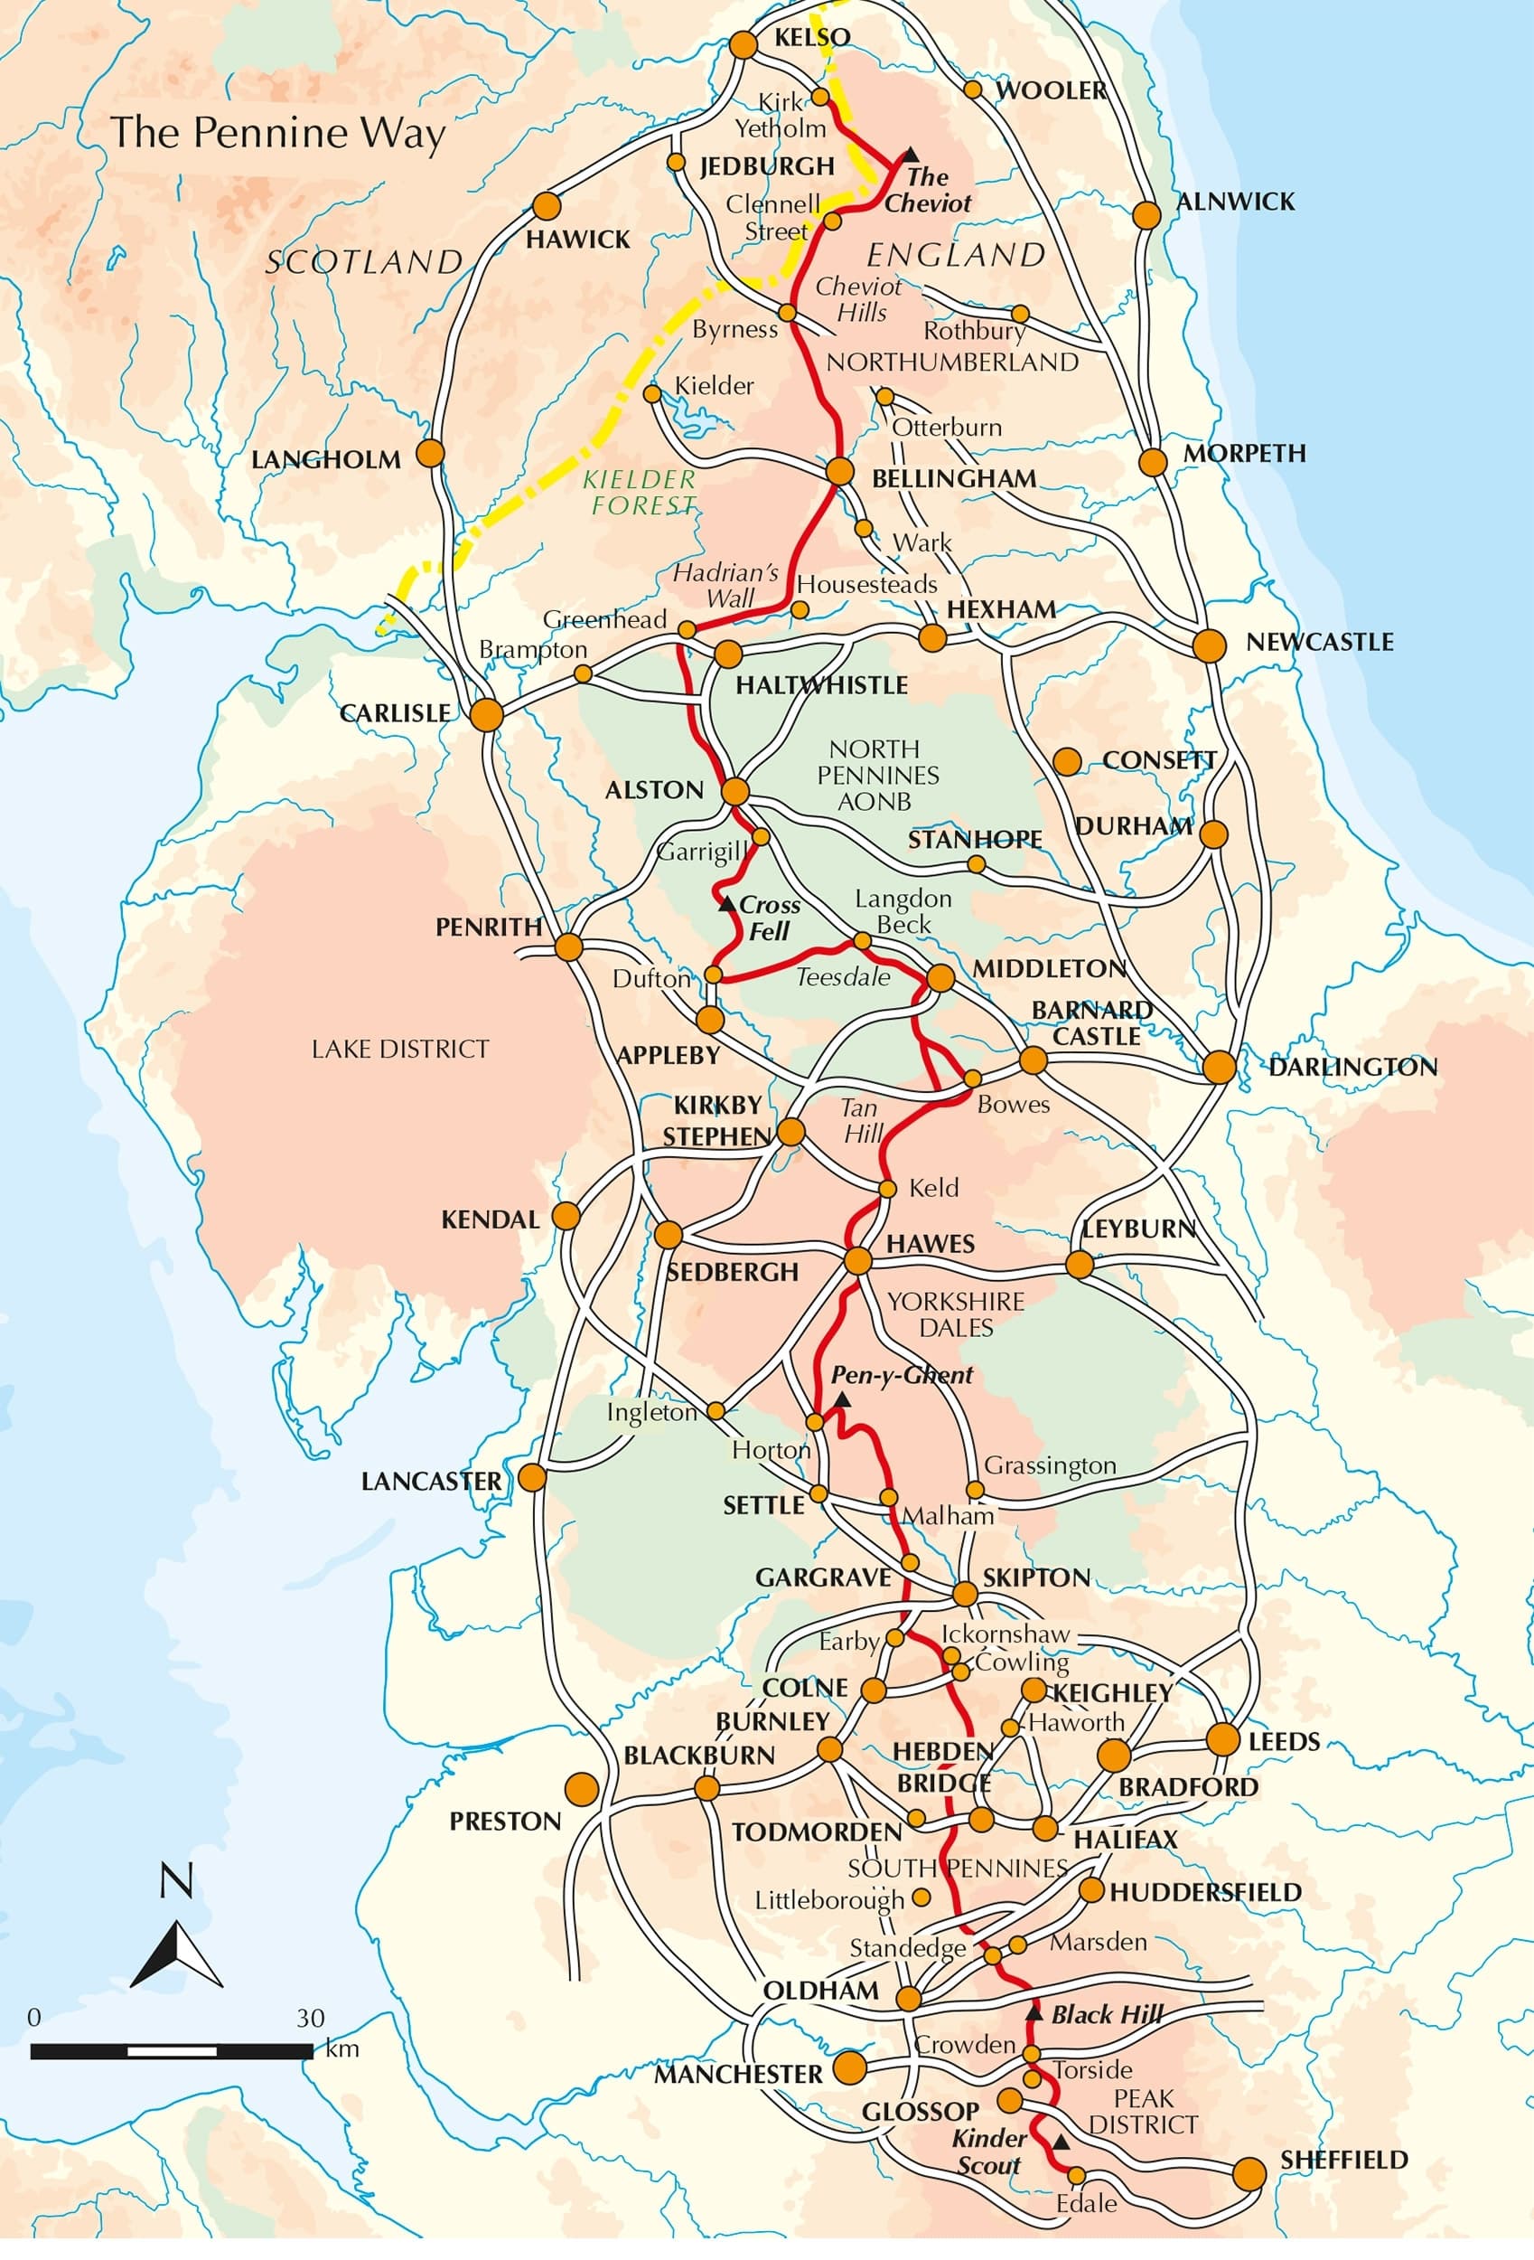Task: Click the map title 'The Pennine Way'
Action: (278, 133)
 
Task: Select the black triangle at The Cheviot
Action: (910, 155)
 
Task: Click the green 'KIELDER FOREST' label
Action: (640, 492)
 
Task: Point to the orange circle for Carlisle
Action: (486, 715)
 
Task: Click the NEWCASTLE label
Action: (1319, 642)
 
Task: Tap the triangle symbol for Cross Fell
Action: (725, 904)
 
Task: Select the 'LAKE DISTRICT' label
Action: (399, 1050)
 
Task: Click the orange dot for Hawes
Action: (856, 1261)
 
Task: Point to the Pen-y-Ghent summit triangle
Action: (842, 1399)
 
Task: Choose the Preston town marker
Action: (581, 1789)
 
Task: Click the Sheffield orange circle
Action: (1249, 2173)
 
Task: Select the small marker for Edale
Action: (1076, 2174)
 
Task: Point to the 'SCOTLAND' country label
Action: (363, 261)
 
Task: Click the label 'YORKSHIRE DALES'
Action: (956, 1314)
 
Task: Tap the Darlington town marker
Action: (1219, 1066)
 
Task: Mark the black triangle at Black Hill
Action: (1034, 2010)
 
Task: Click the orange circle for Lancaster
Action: (532, 1478)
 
